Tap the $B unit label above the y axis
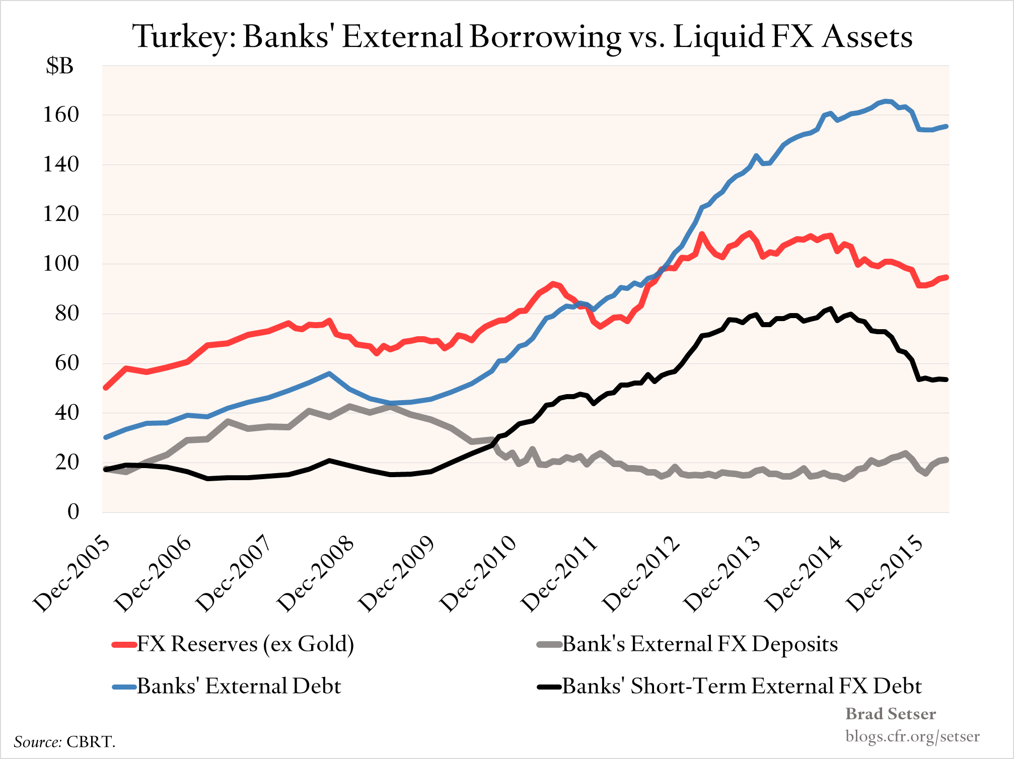[59, 65]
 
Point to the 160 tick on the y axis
[61, 115]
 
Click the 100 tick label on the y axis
[61, 264]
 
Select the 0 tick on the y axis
[73, 512]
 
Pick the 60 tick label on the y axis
[66, 363]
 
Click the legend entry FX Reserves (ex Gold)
[245, 644]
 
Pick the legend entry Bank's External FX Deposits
[700, 644]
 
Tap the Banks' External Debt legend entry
[239, 686]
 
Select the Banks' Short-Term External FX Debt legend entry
[742, 686]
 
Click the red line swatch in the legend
[124, 645]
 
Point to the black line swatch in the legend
[549, 687]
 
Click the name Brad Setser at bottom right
[890, 714]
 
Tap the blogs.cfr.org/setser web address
[912, 736]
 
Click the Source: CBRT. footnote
[64, 742]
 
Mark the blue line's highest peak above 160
[886, 101]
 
